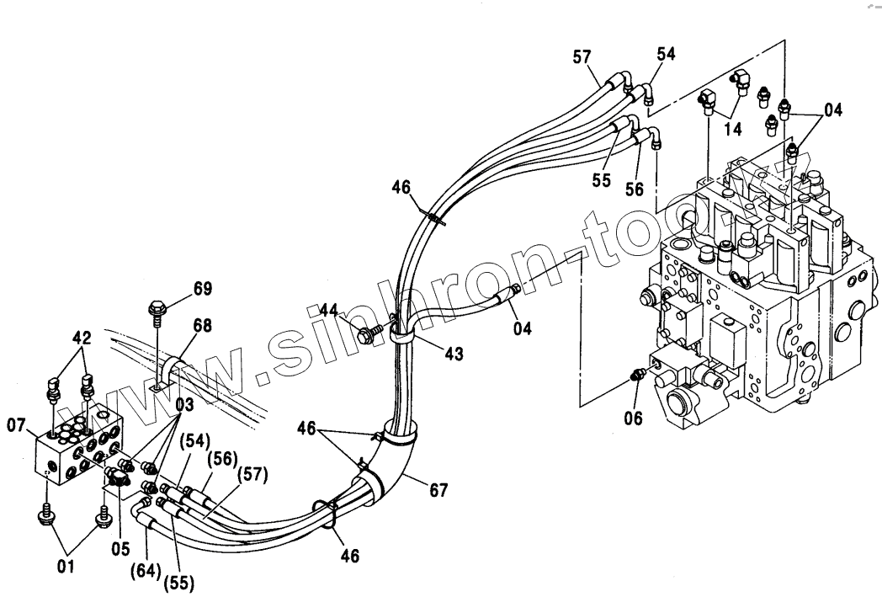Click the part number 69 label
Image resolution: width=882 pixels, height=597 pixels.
[x=202, y=290]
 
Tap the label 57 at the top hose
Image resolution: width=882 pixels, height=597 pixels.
[x=582, y=57]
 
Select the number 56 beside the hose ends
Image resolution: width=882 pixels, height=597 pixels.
[x=634, y=190]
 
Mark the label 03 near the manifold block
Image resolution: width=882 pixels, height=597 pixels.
[x=184, y=405]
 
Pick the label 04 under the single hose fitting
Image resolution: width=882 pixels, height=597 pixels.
[x=523, y=328]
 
